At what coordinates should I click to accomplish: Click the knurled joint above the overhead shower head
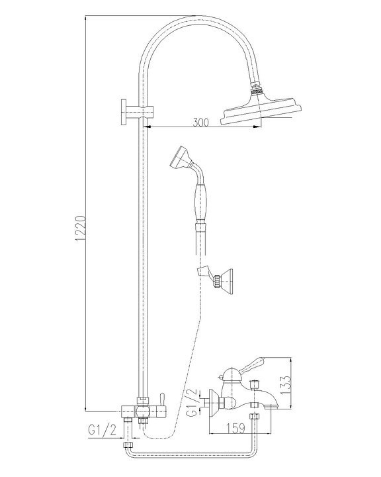[256, 87]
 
